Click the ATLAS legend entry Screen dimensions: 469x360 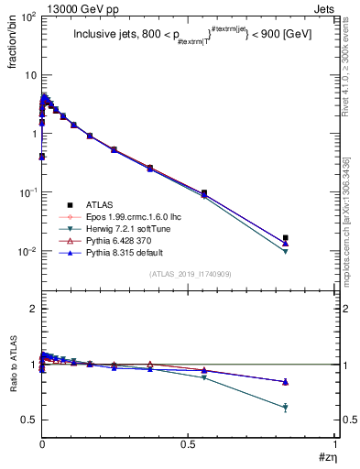point(99,204)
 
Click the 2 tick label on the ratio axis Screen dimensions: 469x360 point(31,309)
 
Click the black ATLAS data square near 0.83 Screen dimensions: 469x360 point(286,238)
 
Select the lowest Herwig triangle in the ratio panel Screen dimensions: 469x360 point(286,408)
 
